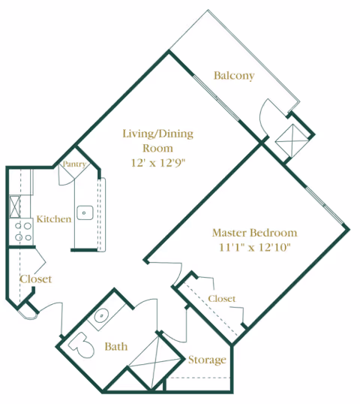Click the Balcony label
coord(234,76)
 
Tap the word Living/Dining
coord(157,134)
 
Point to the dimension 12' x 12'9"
coord(158,163)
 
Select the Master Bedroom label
coord(254,233)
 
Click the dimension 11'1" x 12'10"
coord(254,247)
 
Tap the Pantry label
coord(74,164)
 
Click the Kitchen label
coord(54,219)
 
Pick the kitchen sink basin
coord(85,213)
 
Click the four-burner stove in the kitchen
coord(22,231)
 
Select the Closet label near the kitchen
coord(36,279)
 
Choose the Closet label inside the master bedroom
coord(221,299)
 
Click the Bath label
coord(116,346)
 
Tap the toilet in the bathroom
coord(81,345)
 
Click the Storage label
coord(207,360)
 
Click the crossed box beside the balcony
coord(292,140)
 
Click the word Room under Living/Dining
coord(157,149)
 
